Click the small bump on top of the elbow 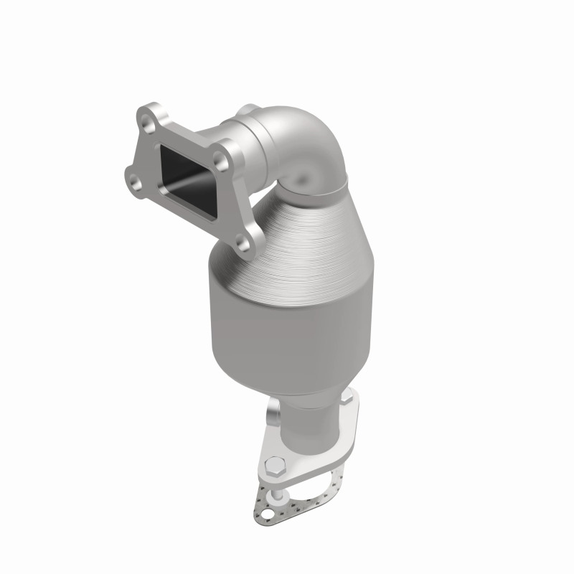[x=250, y=108]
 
